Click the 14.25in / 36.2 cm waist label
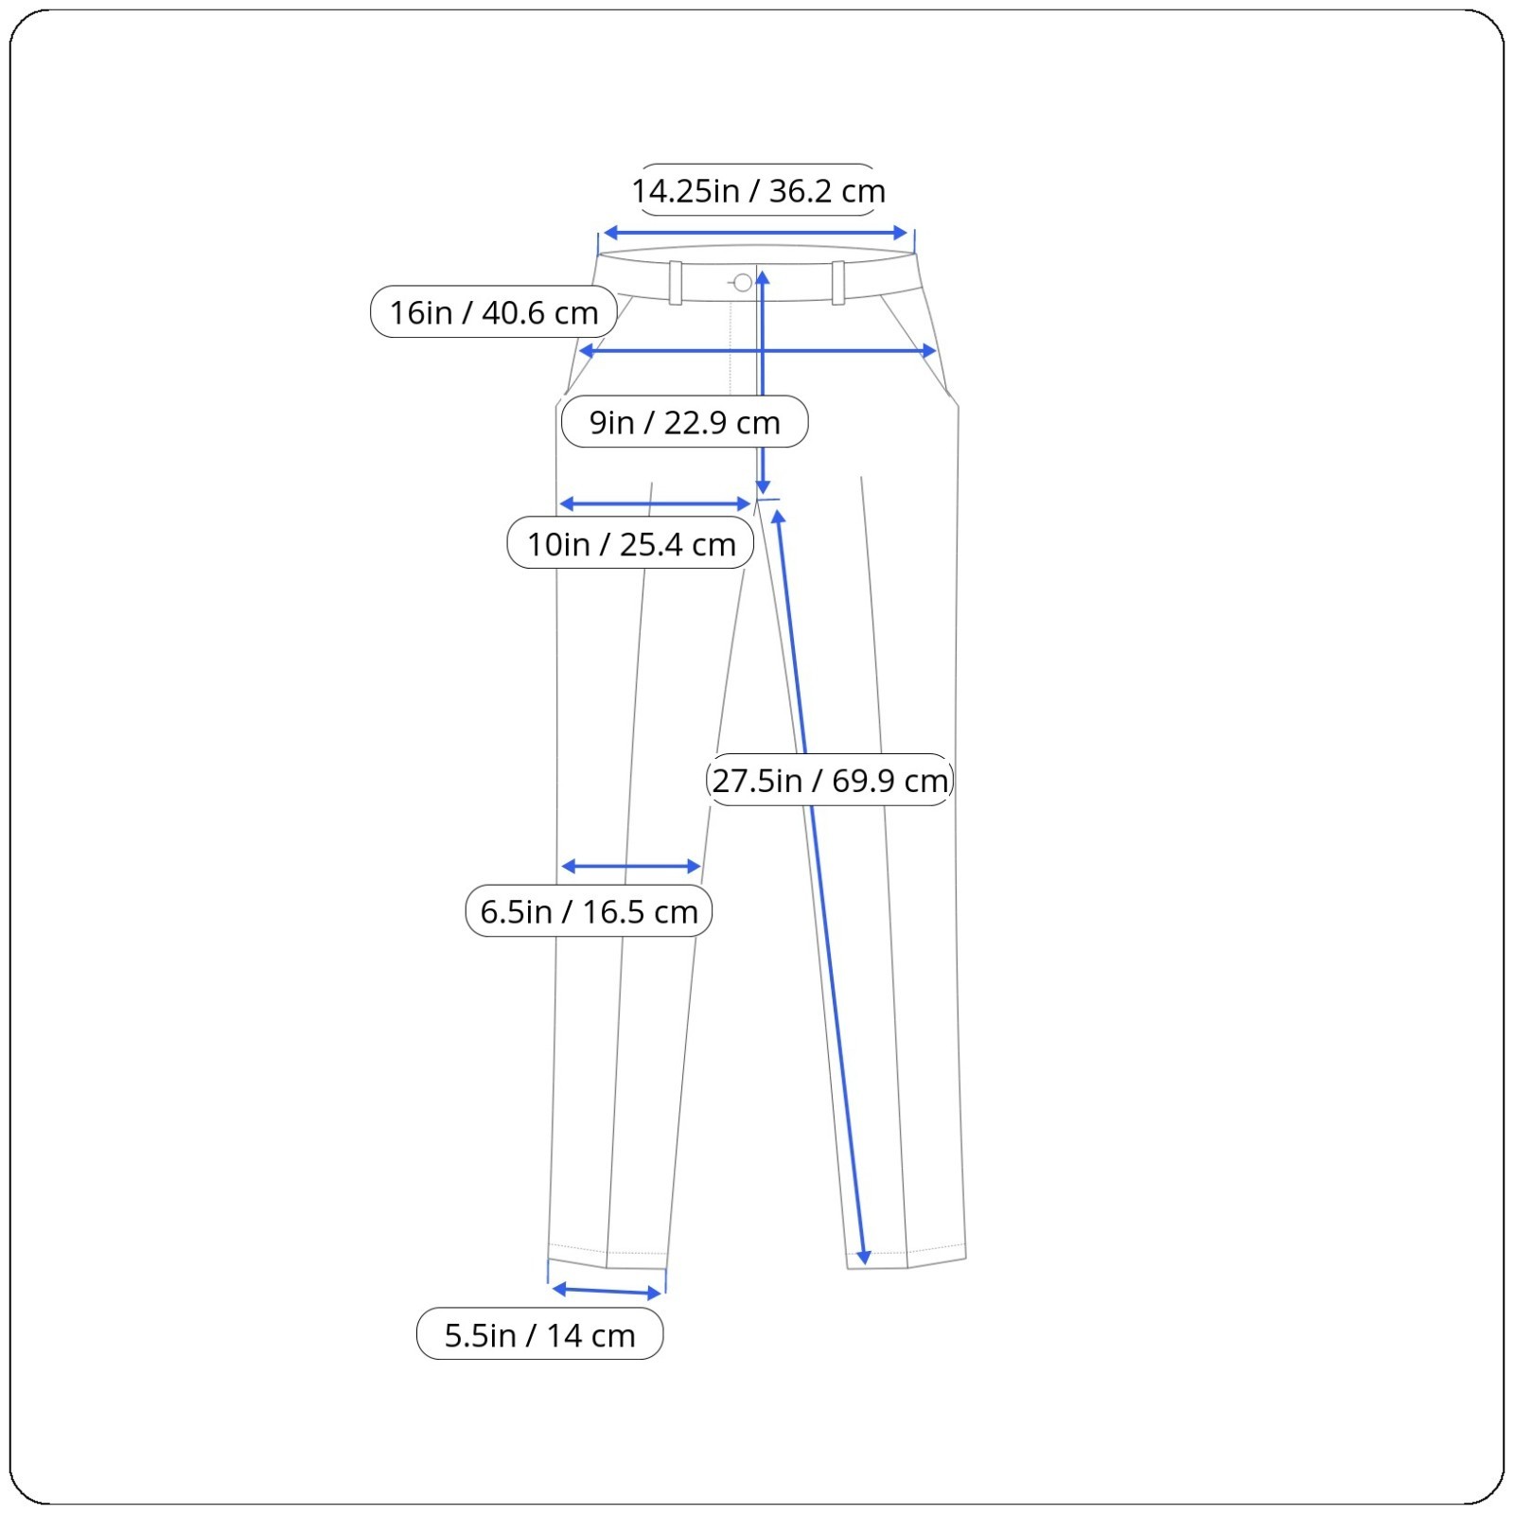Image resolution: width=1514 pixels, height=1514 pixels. (758, 190)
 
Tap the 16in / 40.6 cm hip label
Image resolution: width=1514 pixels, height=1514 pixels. (494, 311)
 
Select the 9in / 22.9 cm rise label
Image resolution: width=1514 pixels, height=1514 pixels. (684, 421)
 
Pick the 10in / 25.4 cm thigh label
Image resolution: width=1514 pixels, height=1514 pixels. (630, 543)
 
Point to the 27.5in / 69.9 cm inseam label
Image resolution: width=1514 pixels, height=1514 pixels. (830, 780)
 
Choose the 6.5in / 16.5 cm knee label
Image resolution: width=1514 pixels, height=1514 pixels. (589, 910)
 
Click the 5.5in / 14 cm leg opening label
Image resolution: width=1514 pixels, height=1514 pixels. (539, 1334)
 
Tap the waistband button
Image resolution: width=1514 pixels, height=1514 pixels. (743, 282)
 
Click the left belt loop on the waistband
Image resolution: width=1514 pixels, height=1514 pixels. (676, 282)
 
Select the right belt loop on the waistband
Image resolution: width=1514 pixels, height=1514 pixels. (838, 282)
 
